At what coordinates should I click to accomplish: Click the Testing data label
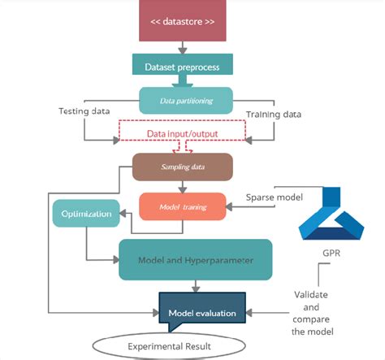pyautogui.click(x=84, y=111)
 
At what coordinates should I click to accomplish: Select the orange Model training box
pyautogui.click(x=182, y=206)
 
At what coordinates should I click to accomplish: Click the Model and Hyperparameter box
pyautogui.click(x=195, y=259)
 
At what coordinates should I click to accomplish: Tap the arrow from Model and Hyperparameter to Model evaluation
pyautogui.click(x=195, y=286)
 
